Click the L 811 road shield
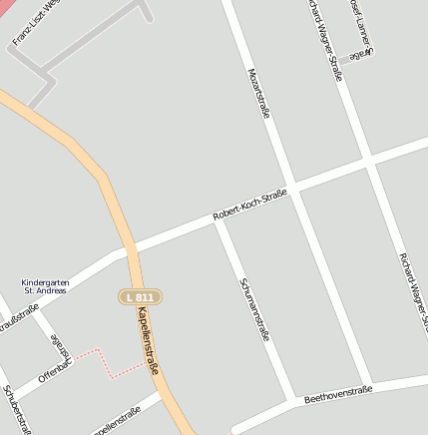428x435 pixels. click(x=140, y=297)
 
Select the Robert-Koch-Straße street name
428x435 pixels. click(x=250, y=204)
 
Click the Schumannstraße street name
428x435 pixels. click(x=253, y=308)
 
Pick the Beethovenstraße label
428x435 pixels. click(x=338, y=393)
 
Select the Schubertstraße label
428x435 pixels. click(x=17, y=410)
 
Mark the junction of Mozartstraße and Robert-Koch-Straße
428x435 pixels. click(x=292, y=188)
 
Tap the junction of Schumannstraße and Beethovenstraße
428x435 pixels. click(x=293, y=403)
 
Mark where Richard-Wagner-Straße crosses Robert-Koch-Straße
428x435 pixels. click(x=370, y=160)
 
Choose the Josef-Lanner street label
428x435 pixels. click(x=360, y=26)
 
